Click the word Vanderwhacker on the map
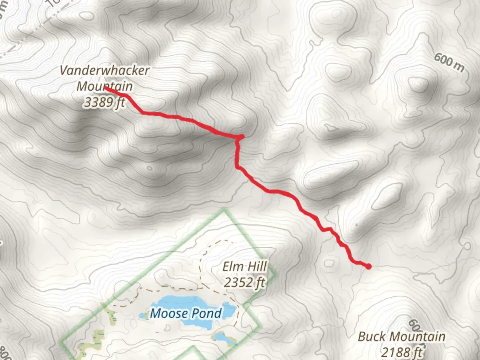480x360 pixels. pos(105,71)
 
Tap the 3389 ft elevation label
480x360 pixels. pos(104,102)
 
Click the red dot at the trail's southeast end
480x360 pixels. pos(368,266)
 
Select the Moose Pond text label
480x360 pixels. pos(186,313)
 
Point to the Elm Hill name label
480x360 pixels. pos(245,267)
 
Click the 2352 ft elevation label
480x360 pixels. pos(245,283)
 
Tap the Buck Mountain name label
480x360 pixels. pos(402,336)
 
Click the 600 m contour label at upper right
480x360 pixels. pos(449,62)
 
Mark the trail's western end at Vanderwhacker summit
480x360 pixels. pos(106,88)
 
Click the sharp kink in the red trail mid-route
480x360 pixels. pos(241,137)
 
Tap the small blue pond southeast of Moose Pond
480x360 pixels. pos(222,338)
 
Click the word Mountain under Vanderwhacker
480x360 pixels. pos(105,86)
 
